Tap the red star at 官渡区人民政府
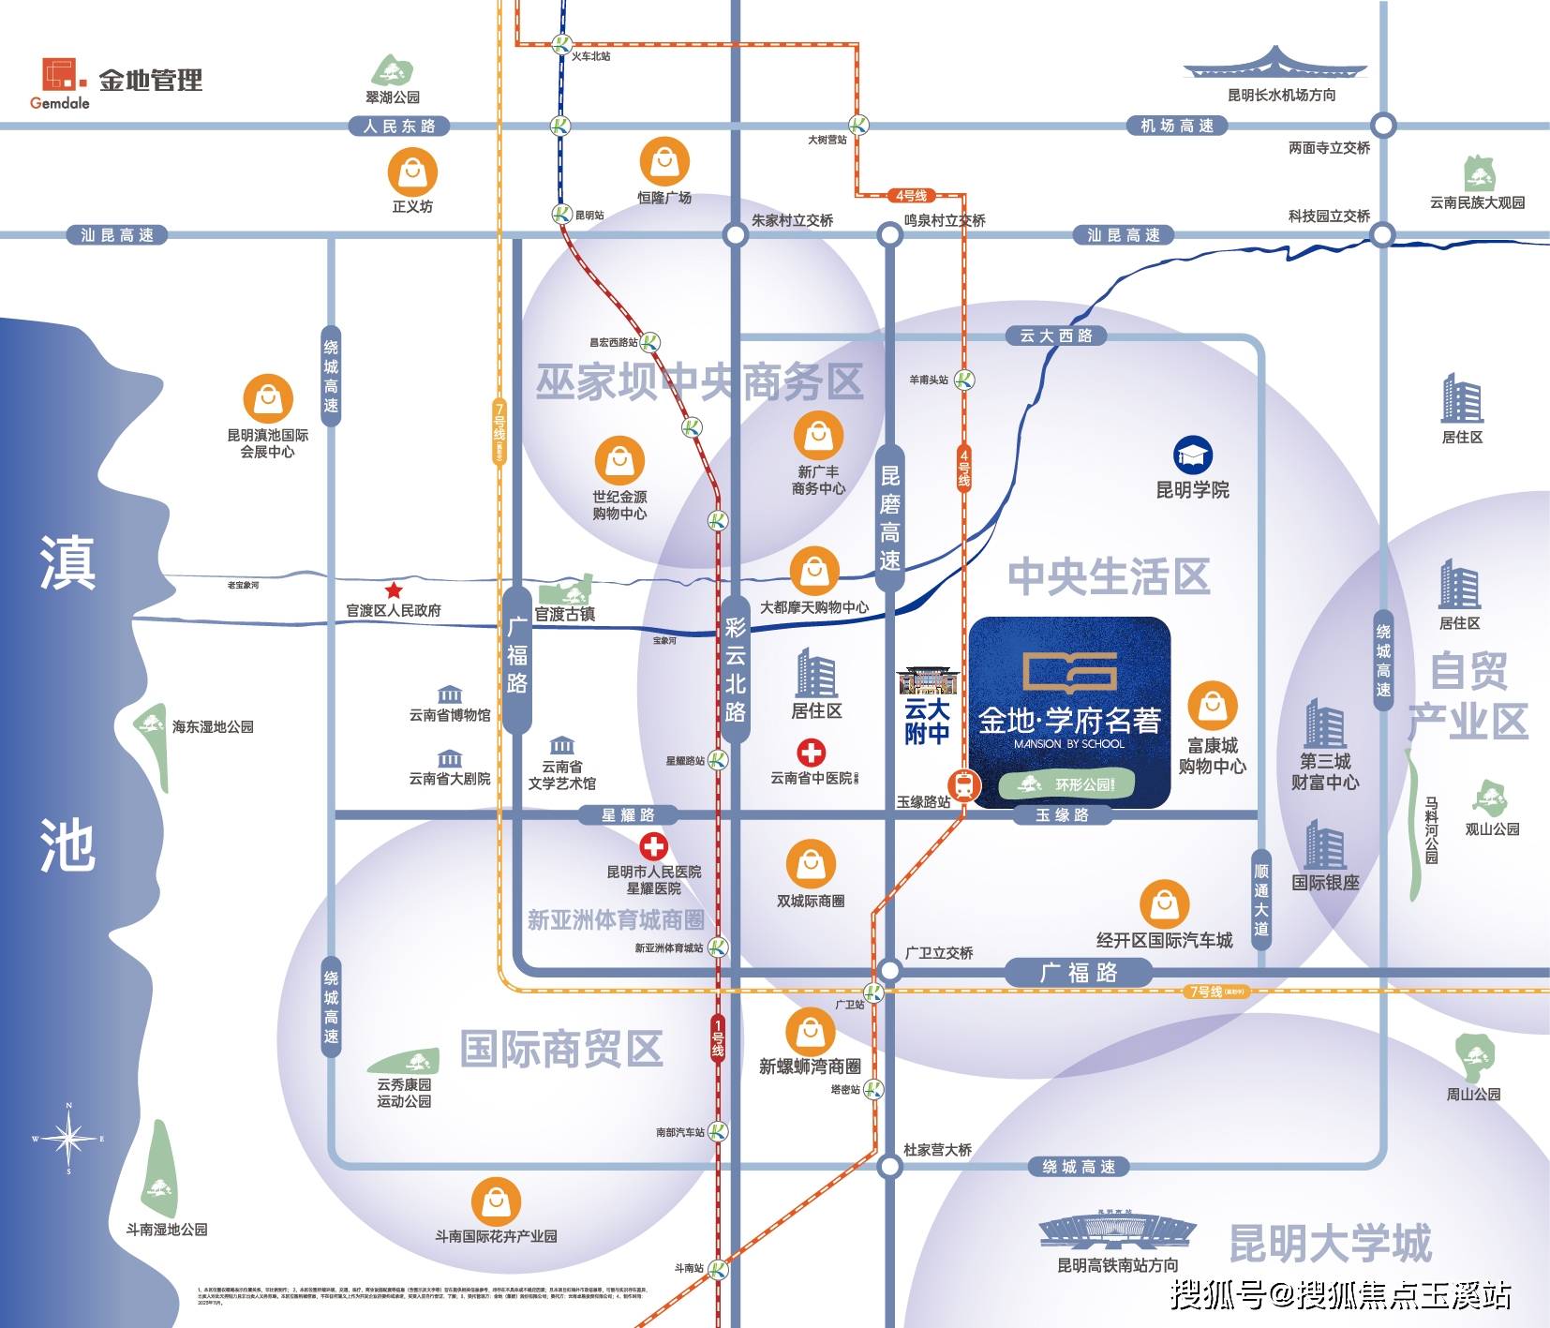pyautogui.click(x=394, y=590)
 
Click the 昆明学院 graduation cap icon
pyautogui.click(x=1193, y=456)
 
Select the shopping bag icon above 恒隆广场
pyautogui.click(x=664, y=162)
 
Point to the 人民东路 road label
pyautogui.click(x=399, y=126)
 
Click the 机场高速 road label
pyautogui.click(x=1177, y=126)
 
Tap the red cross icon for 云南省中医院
pyautogui.click(x=812, y=753)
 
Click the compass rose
pyautogui.click(x=68, y=1139)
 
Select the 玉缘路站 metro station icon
pyautogui.click(x=962, y=784)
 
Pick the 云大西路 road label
pyautogui.click(x=1056, y=336)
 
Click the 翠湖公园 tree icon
pyautogui.click(x=392, y=71)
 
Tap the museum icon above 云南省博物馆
pyautogui.click(x=450, y=694)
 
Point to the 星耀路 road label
pyautogui.click(x=628, y=815)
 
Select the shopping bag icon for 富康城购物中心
pyautogui.click(x=1213, y=706)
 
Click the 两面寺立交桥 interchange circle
pyautogui.click(x=1383, y=126)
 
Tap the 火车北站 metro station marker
pyautogui.click(x=561, y=44)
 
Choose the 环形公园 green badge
pyautogui.click(x=1067, y=783)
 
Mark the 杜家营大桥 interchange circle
pyautogui.click(x=889, y=1167)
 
